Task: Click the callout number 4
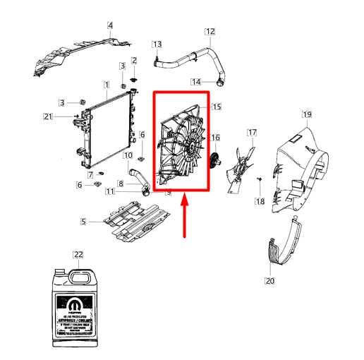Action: (x=110, y=27)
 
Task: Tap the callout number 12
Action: (x=210, y=31)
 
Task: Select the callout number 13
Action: (x=157, y=44)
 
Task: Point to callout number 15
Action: (x=217, y=107)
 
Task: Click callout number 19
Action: (x=307, y=114)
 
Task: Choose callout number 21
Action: (x=48, y=116)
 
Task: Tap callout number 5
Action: (x=83, y=222)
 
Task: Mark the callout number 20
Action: (x=269, y=281)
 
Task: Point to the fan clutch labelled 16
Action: (x=213, y=161)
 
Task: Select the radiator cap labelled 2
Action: (x=135, y=73)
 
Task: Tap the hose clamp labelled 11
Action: (x=144, y=188)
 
